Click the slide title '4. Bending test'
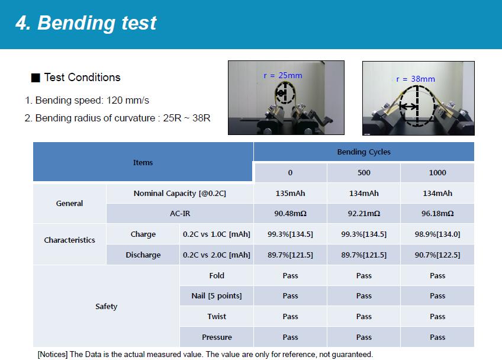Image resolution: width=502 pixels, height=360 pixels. click(86, 23)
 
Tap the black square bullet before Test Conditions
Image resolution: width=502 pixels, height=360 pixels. click(36, 78)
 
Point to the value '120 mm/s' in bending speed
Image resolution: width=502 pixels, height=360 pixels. click(128, 100)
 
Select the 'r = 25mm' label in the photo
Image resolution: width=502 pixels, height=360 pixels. click(283, 76)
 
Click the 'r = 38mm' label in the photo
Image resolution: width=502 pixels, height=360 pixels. click(415, 79)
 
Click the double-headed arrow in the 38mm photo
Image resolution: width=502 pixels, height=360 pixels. click(408, 107)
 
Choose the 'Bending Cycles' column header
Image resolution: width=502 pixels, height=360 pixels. click(363, 152)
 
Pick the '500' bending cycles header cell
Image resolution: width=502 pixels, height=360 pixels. click(363, 173)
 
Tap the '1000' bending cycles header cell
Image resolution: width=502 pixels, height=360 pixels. click(437, 173)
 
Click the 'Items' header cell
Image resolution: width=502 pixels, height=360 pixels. click(143, 163)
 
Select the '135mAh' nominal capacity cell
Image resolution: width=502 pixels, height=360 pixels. click(290, 194)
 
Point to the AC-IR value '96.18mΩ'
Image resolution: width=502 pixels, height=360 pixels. click(437, 214)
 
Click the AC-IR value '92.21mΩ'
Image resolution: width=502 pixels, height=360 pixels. click(363, 214)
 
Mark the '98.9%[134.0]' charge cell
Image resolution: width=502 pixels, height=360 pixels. click(437, 234)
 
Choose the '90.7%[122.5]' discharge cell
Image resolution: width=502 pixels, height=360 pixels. click(437, 255)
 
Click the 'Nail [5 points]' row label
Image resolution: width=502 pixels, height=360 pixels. click(217, 296)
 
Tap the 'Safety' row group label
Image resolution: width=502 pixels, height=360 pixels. click(107, 307)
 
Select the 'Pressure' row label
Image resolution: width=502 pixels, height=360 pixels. click(217, 337)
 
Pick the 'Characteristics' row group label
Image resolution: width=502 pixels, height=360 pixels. click(69, 240)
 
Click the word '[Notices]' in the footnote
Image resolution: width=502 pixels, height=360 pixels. click(53, 355)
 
